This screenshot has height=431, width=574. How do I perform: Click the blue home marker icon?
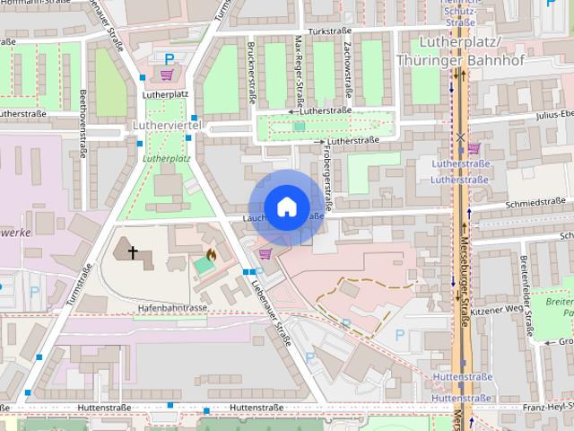pyautogui.click(x=285, y=207)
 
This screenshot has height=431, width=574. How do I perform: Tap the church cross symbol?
pyautogui.click(x=134, y=253)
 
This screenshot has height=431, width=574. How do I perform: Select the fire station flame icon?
pyautogui.click(x=211, y=255)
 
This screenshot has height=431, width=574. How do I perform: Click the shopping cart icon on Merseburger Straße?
pyautogui.click(x=474, y=148)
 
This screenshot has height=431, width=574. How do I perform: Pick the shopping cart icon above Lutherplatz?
pyautogui.click(x=166, y=75)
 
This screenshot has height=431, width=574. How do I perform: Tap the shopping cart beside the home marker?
pyautogui.click(x=265, y=254)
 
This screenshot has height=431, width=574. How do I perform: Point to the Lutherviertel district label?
pyautogui.click(x=168, y=125)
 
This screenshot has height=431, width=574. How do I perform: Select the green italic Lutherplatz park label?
pyautogui.click(x=166, y=158)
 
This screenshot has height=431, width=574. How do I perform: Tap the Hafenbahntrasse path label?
pyautogui.click(x=172, y=307)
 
